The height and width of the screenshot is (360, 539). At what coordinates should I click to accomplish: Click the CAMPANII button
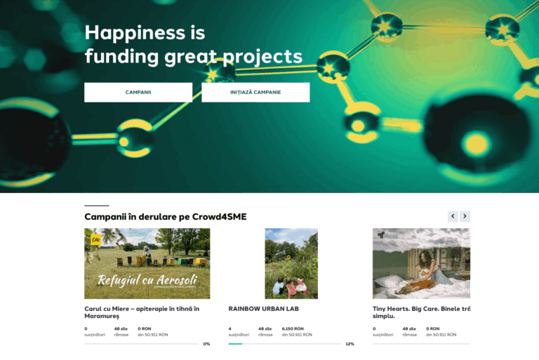138,93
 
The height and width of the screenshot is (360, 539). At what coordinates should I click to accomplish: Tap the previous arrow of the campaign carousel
453,216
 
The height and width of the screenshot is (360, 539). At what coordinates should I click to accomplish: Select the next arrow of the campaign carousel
465,216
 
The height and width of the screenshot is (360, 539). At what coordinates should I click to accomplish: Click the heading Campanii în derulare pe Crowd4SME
165,217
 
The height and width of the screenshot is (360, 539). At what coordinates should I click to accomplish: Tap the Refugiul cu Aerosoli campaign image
147,264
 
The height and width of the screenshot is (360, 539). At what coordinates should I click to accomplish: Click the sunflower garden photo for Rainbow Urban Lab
291,264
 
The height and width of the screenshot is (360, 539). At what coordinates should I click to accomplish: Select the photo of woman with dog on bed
421,264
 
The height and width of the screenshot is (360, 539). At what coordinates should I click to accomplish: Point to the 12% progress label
350,344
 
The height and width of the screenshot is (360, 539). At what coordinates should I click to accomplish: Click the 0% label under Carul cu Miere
206,344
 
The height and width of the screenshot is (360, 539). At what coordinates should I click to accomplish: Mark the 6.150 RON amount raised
293,328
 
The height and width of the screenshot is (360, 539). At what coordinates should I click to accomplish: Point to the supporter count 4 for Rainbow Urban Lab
229,328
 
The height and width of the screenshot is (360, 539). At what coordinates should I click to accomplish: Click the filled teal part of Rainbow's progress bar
235,344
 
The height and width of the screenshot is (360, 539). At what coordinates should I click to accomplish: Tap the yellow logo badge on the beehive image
95,239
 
